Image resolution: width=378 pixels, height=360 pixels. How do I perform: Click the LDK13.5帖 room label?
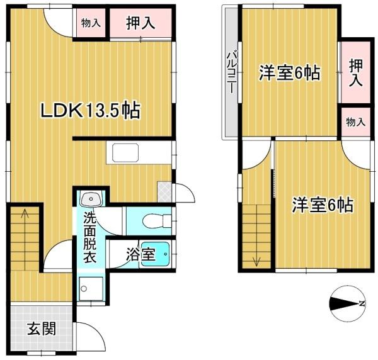point(90,111)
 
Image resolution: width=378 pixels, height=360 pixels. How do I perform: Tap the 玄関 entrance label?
point(42,329)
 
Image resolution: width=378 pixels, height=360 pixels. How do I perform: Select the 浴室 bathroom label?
point(140,254)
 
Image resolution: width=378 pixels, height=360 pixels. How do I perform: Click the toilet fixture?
point(157,221)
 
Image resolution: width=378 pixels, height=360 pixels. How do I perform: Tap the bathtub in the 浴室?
point(156,254)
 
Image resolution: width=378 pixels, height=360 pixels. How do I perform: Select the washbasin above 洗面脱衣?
point(91,199)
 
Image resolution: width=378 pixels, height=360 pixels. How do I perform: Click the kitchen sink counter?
point(125,153)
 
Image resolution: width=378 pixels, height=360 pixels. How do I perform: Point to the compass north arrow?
point(347,303)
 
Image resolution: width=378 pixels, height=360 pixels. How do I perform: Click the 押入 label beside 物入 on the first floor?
point(140,23)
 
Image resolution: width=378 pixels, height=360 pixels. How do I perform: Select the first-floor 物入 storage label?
point(91,23)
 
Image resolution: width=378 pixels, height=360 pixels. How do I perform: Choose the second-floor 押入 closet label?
point(356,73)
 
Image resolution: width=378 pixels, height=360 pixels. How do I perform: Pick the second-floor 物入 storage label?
point(356,122)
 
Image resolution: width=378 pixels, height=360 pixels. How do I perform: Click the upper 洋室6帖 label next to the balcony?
point(290,73)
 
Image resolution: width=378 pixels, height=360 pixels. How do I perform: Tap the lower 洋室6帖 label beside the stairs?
point(323,205)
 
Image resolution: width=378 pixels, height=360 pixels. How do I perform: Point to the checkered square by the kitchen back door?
point(164,192)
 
